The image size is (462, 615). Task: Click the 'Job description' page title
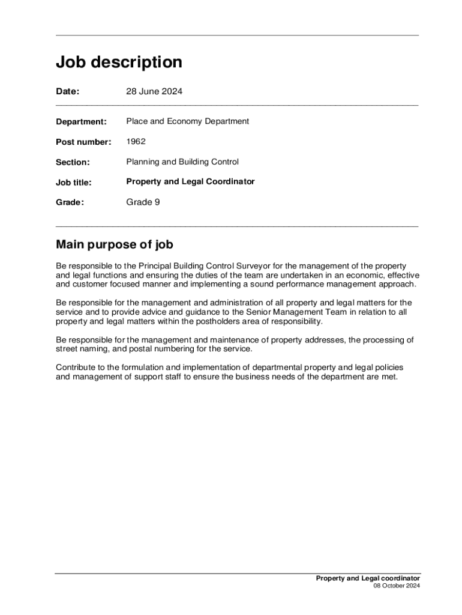click(119, 62)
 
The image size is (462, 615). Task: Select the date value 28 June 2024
click(154, 92)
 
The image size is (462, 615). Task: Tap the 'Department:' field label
click(81, 122)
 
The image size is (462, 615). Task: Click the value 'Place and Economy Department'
click(187, 121)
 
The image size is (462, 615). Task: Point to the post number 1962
click(136, 142)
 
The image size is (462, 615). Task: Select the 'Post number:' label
click(83, 142)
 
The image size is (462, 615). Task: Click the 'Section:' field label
click(73, 162)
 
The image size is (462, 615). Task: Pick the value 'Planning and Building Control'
click(182, 162)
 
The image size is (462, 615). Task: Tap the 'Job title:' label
click(73, 182)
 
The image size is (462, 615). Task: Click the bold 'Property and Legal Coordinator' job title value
click(190, 181)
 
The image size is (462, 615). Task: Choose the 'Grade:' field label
click(70, 202)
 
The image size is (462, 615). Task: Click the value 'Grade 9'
click(143, 202)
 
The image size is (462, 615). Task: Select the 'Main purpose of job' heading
click(115, 244)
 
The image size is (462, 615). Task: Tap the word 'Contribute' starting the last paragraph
click(76, 368)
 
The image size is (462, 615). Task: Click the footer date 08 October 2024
click(397, 586)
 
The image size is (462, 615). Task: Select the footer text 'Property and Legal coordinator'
click(368, 578)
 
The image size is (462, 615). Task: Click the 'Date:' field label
click(68, 92)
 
